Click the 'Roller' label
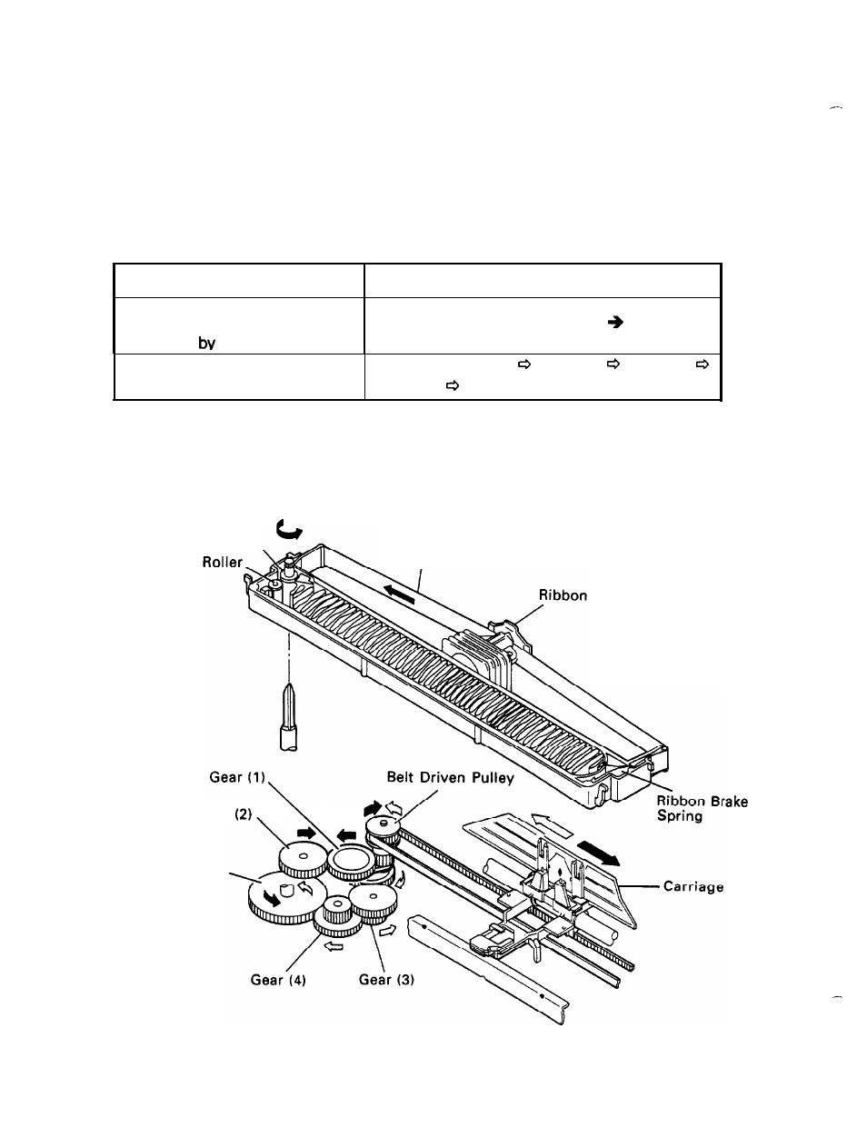222,562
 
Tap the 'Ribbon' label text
563,596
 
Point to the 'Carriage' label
693,886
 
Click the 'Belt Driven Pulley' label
451,777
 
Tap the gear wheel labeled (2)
301,858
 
